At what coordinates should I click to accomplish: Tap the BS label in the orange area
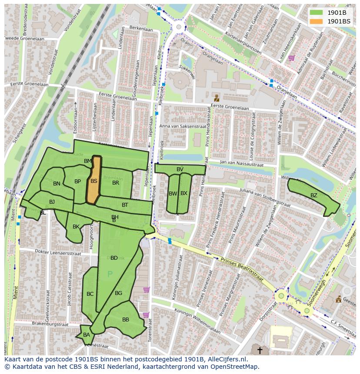point(93,181)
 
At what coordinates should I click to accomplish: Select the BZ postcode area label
point(313,195)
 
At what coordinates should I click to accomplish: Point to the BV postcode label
point(180,169)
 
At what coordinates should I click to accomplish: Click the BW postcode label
point(173,193)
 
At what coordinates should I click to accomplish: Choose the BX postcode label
point(183,193)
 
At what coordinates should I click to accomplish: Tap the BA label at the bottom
point(87,334)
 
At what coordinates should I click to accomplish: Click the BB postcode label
point(126,320)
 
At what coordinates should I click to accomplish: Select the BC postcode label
point(90,294)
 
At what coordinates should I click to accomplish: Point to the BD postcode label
point(114,258)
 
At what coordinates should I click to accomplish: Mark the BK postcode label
point(76,227)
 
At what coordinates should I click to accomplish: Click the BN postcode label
point(57,184)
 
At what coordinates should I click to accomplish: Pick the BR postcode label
point(116,183)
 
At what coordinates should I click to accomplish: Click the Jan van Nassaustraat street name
point(241,165)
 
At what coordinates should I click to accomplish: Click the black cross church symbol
point(260,350)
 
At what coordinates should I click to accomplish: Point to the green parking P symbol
point(110,274)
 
